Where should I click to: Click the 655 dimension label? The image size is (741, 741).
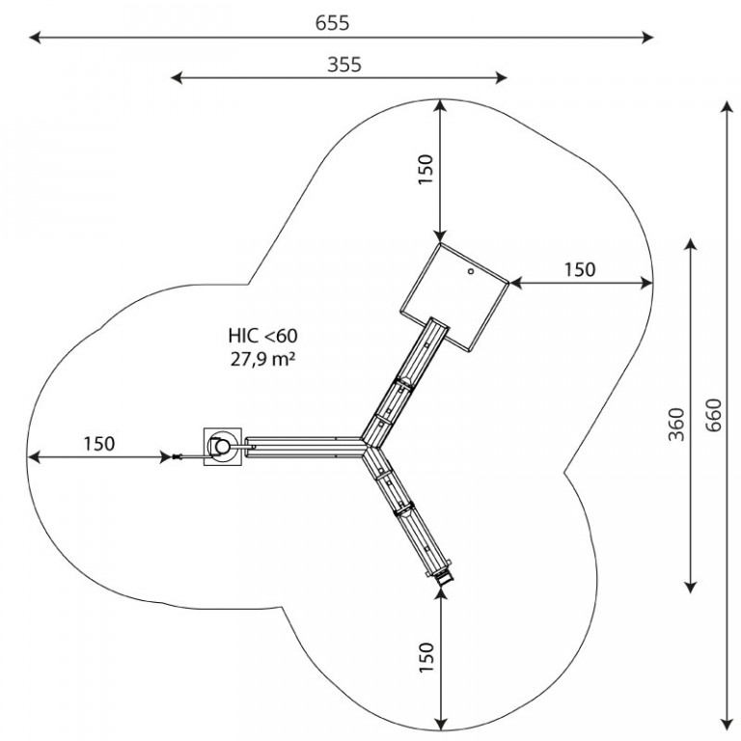click(332, 23)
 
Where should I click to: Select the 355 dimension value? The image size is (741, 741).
click(344, 65)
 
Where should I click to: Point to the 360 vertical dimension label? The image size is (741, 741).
click(676, 424)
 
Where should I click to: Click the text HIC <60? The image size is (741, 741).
click(262, 336)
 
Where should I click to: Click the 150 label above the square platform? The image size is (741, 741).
click(425, 170)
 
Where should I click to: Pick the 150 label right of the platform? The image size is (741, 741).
click(580, 269)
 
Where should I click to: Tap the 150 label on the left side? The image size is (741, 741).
click(99, 444)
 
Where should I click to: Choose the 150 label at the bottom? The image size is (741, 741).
click(425, 657)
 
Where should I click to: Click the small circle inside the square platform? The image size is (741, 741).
click(471, 271)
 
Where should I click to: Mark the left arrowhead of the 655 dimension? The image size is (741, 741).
click(35, 38)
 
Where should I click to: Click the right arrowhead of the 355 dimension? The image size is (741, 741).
click(501, 78)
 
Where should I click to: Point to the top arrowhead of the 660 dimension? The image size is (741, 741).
click(727, 106)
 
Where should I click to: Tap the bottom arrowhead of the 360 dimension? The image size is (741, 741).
click(691, 587)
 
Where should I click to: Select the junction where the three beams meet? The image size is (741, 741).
click(367, 446)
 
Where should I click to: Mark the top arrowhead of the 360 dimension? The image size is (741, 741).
click(691, 245)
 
